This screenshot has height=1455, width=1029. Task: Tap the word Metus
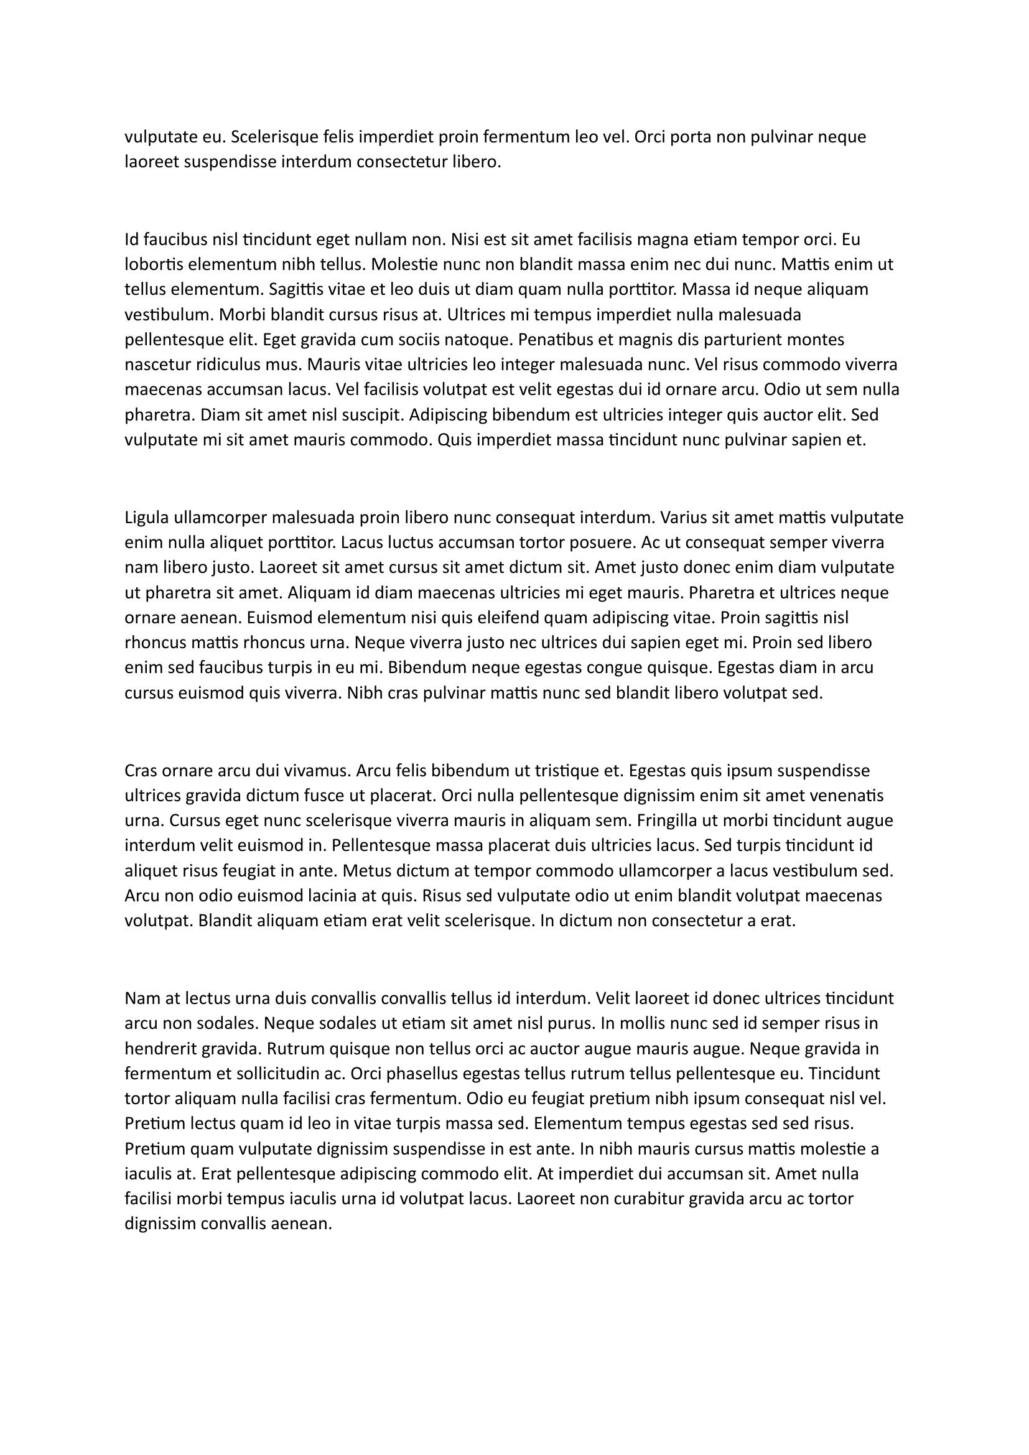click(364, 871)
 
